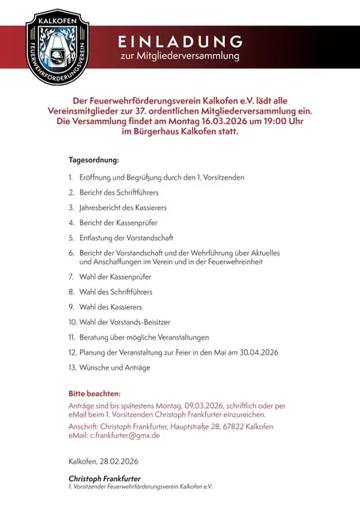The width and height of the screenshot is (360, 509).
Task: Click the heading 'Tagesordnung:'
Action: tap(94, 160)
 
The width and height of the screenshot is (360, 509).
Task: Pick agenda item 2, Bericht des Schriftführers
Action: tap(119, 192)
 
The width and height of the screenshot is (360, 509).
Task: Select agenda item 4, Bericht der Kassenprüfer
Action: tap(122, 223)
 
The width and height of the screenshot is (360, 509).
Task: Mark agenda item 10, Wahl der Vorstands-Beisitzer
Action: tap(127, 322)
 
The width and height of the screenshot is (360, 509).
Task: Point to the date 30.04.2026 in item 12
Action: tap(253, 352)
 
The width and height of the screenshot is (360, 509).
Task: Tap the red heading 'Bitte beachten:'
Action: tap(95, 394)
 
